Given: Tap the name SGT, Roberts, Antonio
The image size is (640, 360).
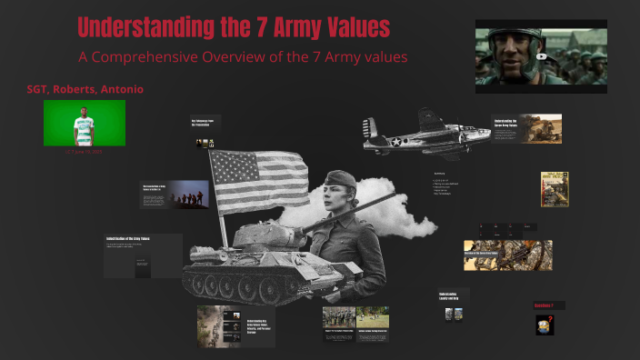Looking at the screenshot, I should pyautogui.click(x=85, y=90).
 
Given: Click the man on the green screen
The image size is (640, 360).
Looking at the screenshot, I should pyautogui.click(x=85, y=123).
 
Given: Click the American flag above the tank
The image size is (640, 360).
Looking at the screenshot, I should pyautogui.click(x=259, y=181).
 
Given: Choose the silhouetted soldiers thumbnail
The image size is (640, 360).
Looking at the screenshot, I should pyautogui.click(x=185, y=194).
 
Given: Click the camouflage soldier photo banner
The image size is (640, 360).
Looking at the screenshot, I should pyautogui.click(x=507, y=255).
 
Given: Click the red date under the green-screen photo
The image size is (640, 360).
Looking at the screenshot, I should pyautogui.click(x=84, y=152).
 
